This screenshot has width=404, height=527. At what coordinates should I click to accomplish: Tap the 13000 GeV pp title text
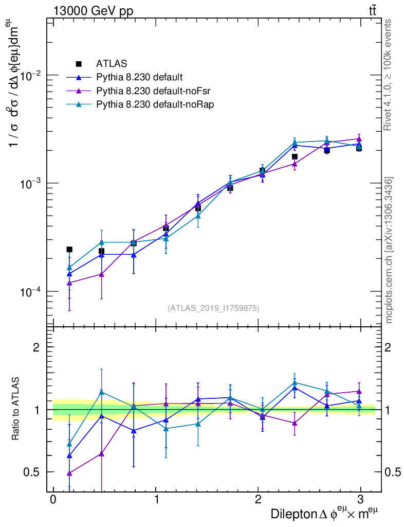pos(93,10)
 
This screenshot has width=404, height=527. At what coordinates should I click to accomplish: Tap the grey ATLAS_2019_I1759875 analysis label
pos(213,308)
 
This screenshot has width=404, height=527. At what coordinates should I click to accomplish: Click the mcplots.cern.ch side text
pos(389,250)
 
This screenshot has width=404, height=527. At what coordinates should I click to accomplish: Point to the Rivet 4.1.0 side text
pos(389,75)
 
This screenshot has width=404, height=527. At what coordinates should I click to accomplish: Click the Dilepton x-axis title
pos(325,514)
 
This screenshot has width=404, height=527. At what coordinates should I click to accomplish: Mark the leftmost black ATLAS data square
pos(69,249)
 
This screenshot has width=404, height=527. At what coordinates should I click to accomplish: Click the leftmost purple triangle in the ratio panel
pos(69,473)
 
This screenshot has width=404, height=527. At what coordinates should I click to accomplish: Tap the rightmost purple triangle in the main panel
pos(359,139)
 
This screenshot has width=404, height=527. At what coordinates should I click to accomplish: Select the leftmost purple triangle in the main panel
pos(69,283)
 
